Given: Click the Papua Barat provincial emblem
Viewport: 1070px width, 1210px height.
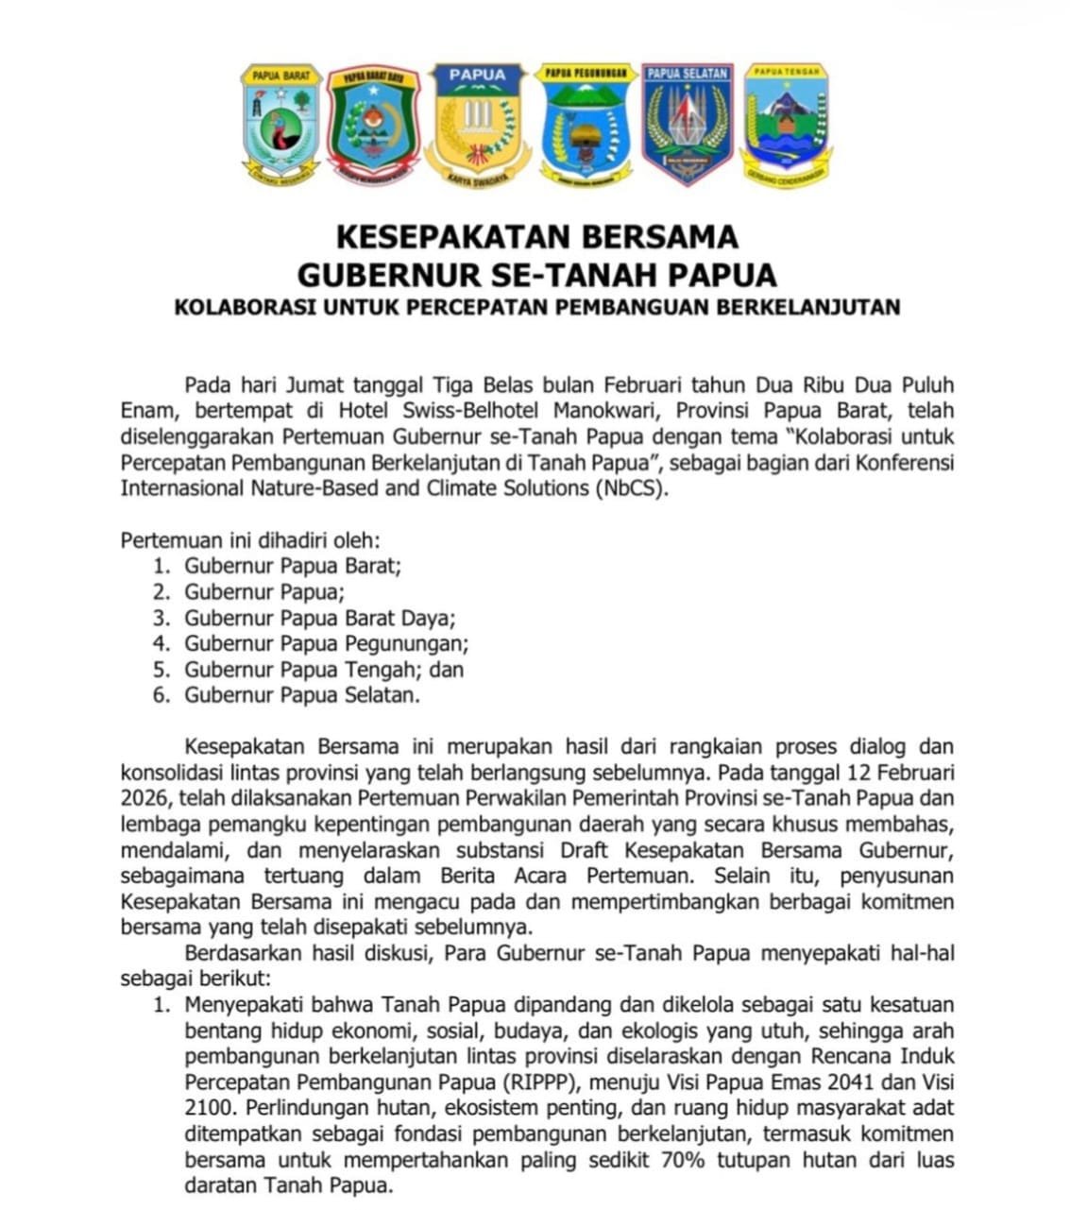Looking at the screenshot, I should tap(280, 123).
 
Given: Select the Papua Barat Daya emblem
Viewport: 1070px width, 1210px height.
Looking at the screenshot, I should tap(372, 124).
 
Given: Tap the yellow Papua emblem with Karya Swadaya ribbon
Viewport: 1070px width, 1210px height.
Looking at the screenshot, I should tap(478, 124).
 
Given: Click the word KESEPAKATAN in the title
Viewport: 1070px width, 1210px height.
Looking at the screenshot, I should tap(450, 235).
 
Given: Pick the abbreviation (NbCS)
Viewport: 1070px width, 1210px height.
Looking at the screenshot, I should tap(630, 488).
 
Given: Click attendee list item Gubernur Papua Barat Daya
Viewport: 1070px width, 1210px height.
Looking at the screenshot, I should tap(319, 619).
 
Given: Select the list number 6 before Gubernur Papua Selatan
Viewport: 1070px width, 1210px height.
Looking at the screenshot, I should tap(161, 696).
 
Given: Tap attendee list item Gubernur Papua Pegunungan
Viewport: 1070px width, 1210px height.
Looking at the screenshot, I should tap(326, 644).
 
